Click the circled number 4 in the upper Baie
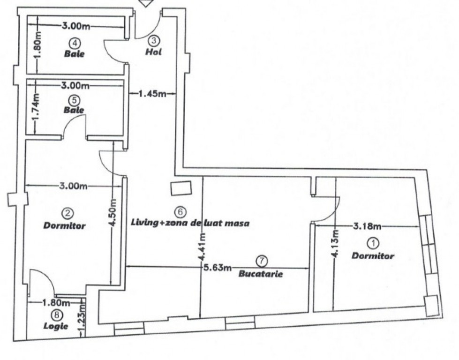(75, 43)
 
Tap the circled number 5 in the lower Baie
(74, 100)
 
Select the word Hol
(154, 52)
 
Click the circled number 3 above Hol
(154, 41)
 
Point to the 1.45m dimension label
(152, 94)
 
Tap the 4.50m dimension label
(113, 212)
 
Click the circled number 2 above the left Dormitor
(68, 213)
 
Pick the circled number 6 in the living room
(181, 211)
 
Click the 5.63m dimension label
(218, 267)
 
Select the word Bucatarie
(261, 274)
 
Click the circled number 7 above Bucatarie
(262, 261)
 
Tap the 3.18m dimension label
(368, 226)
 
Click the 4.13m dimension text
(336, 243)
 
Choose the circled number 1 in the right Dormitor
(374, 243)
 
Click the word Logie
(56, 326)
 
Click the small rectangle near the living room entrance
(181, 188)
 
